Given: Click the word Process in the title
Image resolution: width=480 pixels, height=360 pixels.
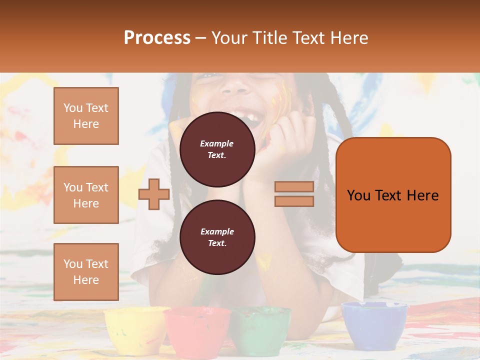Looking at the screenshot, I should pos(157,38).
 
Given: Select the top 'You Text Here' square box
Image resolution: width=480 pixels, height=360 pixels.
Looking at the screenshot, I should pos(86,116).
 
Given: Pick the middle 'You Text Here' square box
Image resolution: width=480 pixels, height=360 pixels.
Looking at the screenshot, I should pos(86,195).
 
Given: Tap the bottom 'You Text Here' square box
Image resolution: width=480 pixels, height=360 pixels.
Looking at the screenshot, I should pos(86,272).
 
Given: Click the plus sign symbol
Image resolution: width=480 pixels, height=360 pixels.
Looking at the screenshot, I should pos(154,194).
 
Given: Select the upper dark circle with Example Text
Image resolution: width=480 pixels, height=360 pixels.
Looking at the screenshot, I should pos(217,149).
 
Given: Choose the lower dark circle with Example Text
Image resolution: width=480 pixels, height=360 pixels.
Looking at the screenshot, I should pos(217,237).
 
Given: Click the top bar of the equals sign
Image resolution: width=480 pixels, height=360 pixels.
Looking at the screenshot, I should pos(294,187).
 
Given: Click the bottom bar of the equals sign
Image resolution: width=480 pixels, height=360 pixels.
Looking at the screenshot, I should pos(294,201).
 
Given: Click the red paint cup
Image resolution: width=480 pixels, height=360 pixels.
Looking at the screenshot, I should pos(197,331).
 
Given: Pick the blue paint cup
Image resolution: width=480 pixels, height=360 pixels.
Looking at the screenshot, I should pos(374,325).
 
